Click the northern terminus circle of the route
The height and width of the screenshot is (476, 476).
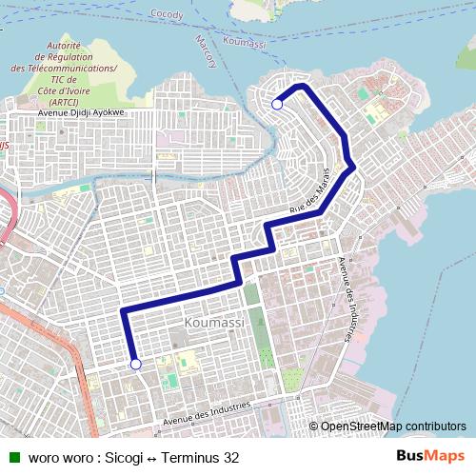[x=277, y=105]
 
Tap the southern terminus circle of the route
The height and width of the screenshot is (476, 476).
[x=135, y=364]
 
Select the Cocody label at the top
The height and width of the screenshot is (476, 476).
[x=166, y=14]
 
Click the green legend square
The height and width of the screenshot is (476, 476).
[x=14, y=457]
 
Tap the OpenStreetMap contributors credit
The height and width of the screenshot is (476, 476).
[x=392, y=426]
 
